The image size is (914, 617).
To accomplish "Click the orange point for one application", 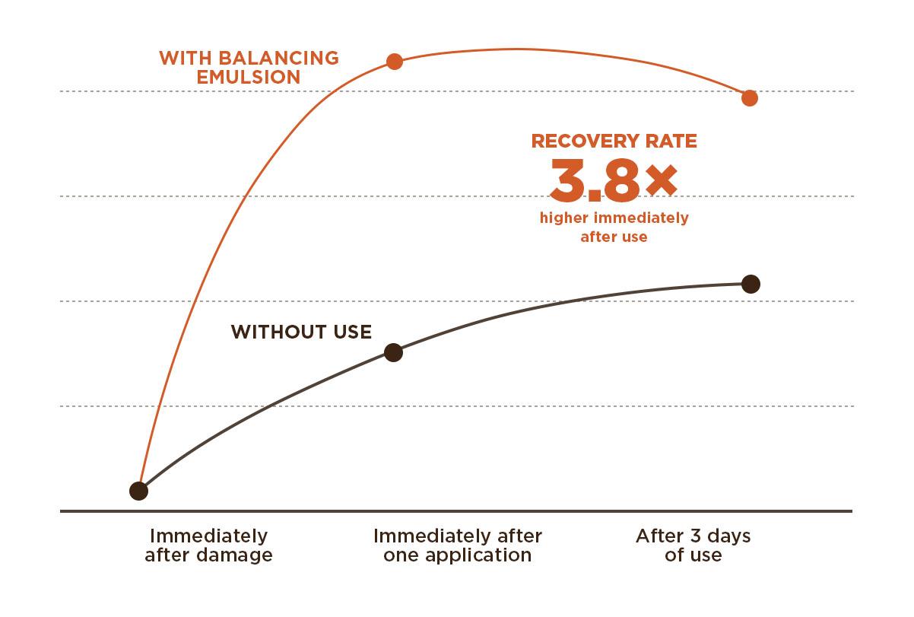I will pyautogui.click(x=394, y=62).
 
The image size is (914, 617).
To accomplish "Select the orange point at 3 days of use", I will pyautogui.click(x=750, y=97).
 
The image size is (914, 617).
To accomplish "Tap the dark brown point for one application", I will pyautogui.click(x=393, y=352).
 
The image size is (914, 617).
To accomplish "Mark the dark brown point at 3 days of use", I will pyautogui.click(x=751, y=284).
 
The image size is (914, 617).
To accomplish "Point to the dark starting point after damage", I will pyautogui.click(x=138, y=491).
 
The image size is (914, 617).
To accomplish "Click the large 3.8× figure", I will pyautogui.click(x=613, y=179).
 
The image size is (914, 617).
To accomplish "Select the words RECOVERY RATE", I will pyautogui.click(x=614, y=141).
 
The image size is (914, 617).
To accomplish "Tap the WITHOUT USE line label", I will pyautogui.click(x=301, y=332).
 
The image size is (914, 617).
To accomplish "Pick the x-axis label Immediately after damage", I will pyautogui.click(x=208, y=545).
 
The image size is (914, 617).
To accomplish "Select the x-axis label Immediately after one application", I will pyautogui.click(x=457, y=545).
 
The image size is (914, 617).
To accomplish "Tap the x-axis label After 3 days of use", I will pyautogui.click(x=693, y=545).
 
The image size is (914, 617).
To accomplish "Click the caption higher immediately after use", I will pyautogui.click(x=614, y=227).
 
